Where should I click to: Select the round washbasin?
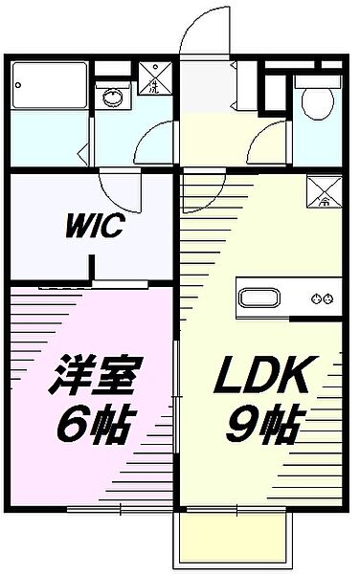click(x=112, y=96)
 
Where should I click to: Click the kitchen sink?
click(x=258, y=298)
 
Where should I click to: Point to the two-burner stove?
click(x=321, y=298)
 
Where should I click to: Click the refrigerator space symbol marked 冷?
click(x=320, y=192)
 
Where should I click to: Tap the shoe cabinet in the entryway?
click(x=247, y=86)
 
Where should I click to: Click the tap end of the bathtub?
click(x=19, y=88)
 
